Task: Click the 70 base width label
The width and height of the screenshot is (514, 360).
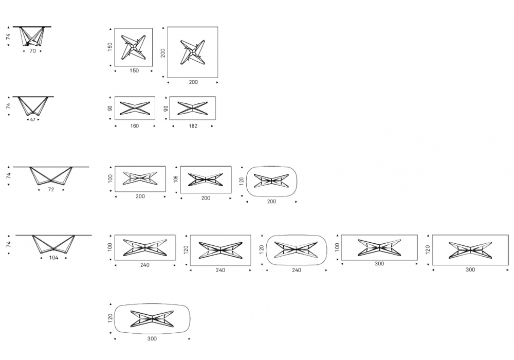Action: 32,51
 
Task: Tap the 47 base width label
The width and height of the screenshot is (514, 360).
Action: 32,120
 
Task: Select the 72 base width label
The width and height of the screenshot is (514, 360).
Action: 51,189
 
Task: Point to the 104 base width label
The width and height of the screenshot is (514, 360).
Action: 53,258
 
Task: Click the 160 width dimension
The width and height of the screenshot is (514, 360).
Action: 134,126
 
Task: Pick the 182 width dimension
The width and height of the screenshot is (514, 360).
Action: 193,126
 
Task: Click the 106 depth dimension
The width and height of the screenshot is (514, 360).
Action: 176,179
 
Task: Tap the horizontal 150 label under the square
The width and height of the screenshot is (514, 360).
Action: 134,70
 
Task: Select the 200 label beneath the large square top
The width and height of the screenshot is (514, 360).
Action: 193,82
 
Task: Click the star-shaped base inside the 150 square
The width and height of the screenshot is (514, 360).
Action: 134,48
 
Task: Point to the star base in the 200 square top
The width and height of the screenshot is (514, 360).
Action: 193,52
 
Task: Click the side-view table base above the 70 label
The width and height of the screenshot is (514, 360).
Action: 31,37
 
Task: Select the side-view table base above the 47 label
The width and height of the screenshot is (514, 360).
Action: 32,106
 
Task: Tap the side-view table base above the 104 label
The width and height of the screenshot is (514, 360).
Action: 53,244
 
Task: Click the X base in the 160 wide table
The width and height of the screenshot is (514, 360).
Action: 135,108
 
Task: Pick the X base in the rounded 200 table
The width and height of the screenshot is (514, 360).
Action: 271,181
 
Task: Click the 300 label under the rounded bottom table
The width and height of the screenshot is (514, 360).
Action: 152,339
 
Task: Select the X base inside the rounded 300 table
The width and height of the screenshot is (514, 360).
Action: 152,319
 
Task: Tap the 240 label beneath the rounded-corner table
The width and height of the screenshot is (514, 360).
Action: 297,270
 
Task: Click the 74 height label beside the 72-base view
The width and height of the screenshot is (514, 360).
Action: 9,176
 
